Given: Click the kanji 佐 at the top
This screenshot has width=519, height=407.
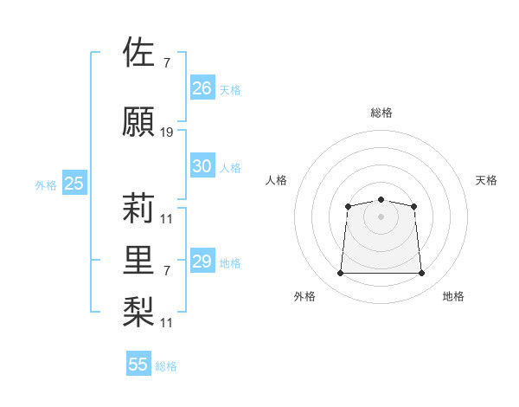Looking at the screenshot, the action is (x=138, y=51).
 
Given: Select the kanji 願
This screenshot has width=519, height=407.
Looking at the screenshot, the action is (x=138, y=121).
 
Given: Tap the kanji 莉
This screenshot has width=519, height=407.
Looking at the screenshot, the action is (x=138, y=208).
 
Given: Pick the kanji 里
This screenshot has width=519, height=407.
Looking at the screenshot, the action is (x=138, y=260).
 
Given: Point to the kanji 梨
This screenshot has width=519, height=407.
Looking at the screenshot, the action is (x=138, y=312).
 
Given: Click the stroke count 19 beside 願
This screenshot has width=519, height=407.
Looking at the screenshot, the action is (x=166, y=132).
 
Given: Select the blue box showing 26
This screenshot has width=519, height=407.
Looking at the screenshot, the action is (x=202, y=87).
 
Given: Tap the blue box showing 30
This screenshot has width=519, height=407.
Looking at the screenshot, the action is (x=202, y=165).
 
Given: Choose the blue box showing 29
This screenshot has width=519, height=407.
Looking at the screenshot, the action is (x=202, y=260).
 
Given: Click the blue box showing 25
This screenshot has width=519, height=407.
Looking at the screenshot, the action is (x=74, y=183).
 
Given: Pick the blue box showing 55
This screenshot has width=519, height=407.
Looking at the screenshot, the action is (x=138, y=363).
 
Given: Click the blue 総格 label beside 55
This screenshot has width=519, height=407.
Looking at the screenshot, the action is (x=166, y=366).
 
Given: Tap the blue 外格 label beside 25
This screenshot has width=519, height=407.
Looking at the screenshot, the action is (x=46, y=185).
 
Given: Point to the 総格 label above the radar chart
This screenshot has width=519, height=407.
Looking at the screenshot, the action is (x=381, y=113).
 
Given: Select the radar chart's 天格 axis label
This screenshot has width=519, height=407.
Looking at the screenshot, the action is (x=486, y=180).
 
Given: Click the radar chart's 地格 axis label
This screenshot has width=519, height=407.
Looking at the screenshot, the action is (x=453, y=296).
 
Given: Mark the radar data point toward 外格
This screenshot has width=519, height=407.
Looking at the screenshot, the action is (x=340, y=273).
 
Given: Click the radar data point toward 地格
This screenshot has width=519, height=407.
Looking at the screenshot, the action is (x=421, y=273).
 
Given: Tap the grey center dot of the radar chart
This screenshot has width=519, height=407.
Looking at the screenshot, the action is (x=381, y=216).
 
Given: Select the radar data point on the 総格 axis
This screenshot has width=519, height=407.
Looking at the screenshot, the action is (x=381, y=199).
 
